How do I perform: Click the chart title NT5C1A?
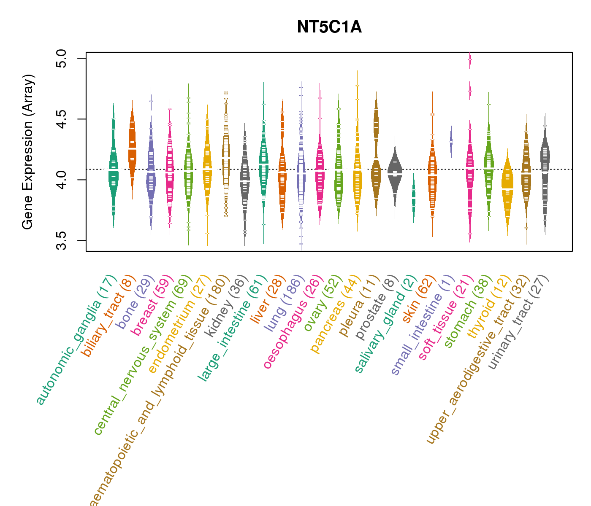tap(329, 27)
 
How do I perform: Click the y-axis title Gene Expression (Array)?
tap(28, 152)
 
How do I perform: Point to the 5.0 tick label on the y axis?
tap(62, 58)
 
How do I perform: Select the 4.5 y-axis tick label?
tap(62, 119)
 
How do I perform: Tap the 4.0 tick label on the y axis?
tap(62, 180)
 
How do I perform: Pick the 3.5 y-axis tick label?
tap(62, 240)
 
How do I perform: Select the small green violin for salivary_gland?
tap(414, 198)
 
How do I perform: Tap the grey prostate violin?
tap(395, 173)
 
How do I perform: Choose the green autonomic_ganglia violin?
tap(113, 173)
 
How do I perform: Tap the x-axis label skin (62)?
tap(417, 299)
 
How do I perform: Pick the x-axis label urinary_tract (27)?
tap(518, 323)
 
